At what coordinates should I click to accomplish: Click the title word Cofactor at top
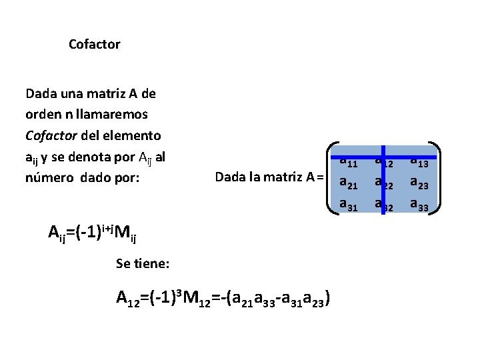click(94, 45)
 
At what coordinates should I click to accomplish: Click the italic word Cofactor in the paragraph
click(51, 135)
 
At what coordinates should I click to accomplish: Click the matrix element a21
click(349, 182)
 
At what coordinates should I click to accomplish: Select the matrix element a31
click(349, 204)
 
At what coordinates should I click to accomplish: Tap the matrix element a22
click(384, 182)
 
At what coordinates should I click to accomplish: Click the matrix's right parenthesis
click(436, 178)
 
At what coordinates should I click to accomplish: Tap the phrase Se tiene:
click(143, 264)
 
